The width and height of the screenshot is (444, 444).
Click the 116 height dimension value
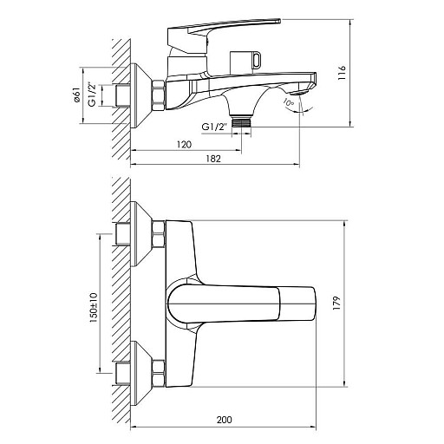click(342, 73)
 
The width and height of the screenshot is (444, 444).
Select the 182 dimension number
click(213, 159)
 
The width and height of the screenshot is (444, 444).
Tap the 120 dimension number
click(184, 144)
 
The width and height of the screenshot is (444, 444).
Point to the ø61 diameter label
click(77, 95)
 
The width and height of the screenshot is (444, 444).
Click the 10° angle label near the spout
click(289, 102)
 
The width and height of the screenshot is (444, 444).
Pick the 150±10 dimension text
click(94, 308)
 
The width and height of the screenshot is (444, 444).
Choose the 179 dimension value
click(336, 304)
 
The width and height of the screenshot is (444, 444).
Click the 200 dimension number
click(224, 420)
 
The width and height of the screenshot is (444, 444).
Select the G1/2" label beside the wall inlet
click(92, 95)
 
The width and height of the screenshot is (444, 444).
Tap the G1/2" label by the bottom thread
click(214, 127)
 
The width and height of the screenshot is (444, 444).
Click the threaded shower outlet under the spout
click(242, 121)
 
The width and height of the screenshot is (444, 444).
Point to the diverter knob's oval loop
click(257, 60)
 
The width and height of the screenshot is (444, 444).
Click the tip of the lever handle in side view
click(279, 21)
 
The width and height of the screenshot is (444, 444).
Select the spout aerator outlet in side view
click(299, 93)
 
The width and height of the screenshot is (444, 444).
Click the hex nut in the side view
click(158, 95)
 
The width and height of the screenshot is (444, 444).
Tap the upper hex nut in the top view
click(158, 234)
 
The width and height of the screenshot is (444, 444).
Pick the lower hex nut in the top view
click(158, 373)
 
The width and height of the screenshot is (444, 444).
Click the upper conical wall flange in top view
click(140, 234)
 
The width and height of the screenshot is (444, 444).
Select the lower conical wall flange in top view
click(140, 373)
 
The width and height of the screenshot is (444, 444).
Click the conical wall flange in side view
click(140, 95)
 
